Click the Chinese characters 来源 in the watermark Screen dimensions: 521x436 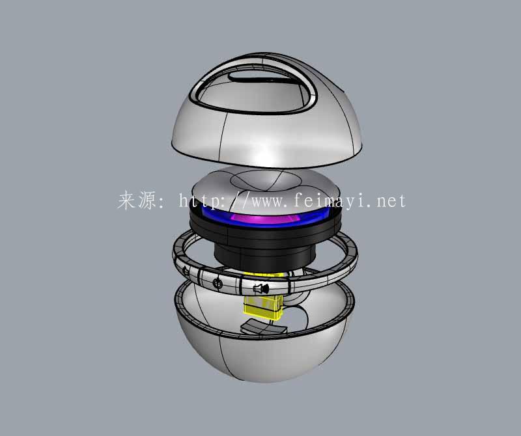(x=137, y=200)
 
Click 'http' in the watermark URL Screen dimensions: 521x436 (x=199, y=200)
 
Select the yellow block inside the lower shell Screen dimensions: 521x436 (x=262, y=301)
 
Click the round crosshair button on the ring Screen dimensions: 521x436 (x=218, y=283)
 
